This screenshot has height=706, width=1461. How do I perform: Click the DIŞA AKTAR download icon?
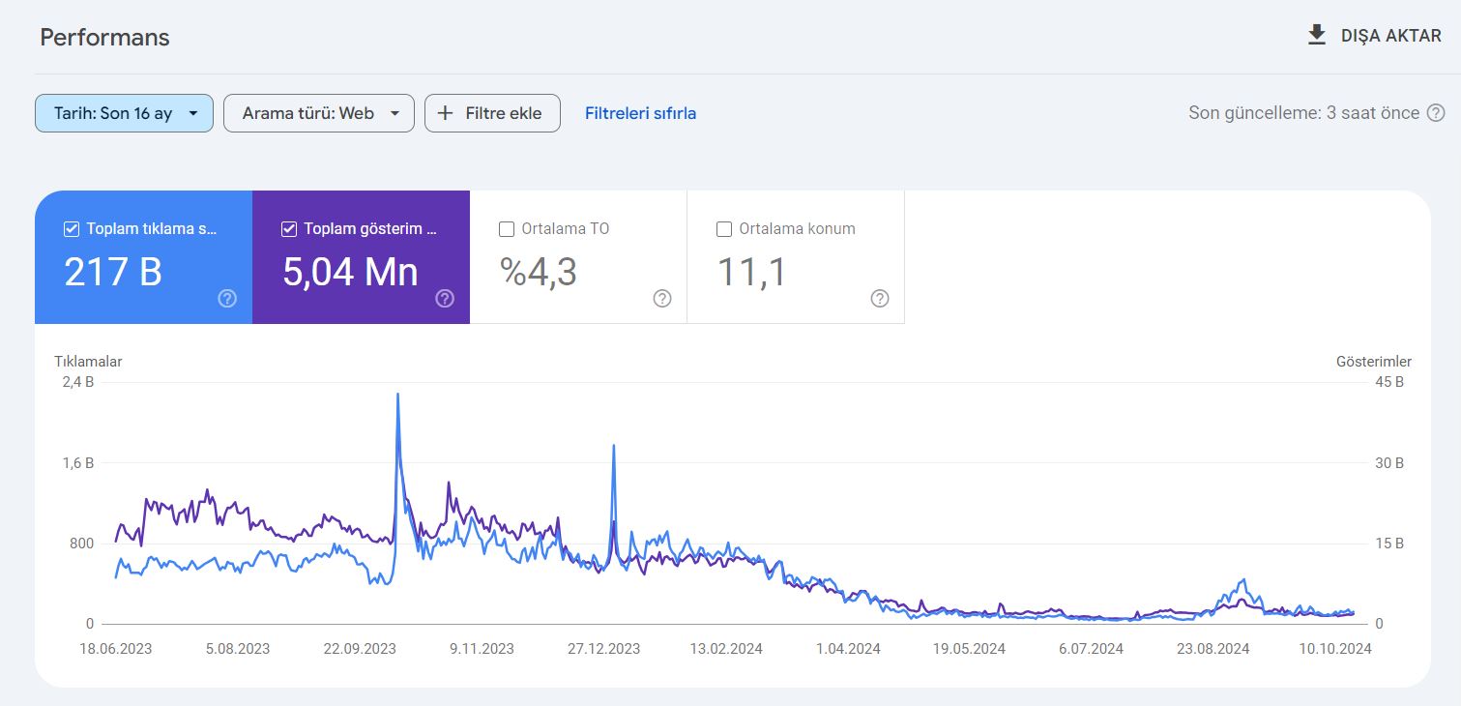pos(1317,35)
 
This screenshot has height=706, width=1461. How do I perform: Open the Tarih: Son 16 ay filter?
pos(124,113)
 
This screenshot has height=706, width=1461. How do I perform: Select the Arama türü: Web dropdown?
pos(319,113)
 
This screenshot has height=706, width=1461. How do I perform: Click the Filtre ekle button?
pos(492,113)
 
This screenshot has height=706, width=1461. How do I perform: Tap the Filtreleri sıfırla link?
pos(640,113)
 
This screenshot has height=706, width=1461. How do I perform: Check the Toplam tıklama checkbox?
pos(72,229)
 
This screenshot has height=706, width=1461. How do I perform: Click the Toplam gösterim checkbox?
pos(289,229)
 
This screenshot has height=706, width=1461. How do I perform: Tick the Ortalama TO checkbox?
pos(506,229)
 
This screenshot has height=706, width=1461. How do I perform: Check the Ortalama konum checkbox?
pos(724,229)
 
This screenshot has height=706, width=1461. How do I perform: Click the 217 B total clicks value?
pos(113,272)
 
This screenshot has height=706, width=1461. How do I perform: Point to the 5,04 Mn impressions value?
pos(350,272)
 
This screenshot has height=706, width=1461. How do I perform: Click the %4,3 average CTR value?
pos(539,272)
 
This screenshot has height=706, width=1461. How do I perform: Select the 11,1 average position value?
pos(751,272)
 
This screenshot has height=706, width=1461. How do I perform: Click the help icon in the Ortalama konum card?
pos(880,298)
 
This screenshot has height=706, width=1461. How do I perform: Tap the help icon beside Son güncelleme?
pos(1436,113)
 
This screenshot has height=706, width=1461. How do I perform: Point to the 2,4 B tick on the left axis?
pos(78,382)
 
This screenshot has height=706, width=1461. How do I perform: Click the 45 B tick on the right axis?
pos(1389,382)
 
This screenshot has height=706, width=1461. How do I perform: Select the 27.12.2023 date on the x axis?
pos(604,649)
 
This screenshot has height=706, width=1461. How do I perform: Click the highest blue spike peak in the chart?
pos(397,395)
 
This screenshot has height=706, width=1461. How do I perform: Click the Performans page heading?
pos(104,37)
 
